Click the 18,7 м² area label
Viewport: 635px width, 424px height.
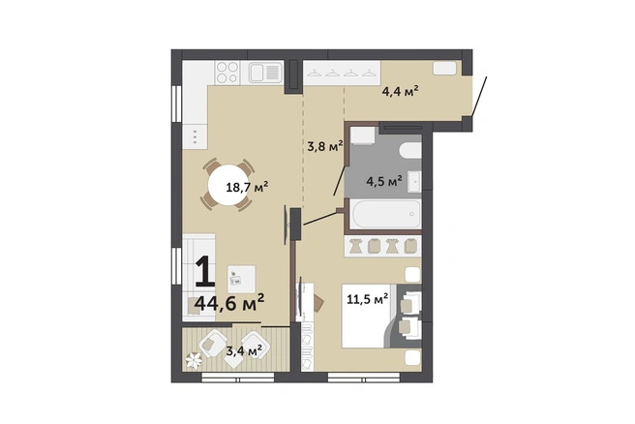247,188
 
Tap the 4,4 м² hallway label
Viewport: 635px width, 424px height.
400,91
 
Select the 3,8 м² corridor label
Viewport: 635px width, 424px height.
325,146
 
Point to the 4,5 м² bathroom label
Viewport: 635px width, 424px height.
384,181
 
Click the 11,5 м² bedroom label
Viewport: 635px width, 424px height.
368,299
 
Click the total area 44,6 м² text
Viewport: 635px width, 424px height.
229,303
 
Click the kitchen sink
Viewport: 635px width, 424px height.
265,73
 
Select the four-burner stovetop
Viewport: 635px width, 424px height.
227,73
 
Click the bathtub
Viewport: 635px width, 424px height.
386,214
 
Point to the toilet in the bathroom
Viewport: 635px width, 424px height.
410,150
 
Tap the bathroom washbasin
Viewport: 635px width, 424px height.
414,181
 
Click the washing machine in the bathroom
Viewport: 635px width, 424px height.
362,136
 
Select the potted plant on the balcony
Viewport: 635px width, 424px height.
194,360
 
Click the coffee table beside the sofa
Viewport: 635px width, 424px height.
241,279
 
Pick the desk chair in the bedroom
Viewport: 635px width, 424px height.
318,302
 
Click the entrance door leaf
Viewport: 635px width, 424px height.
479,96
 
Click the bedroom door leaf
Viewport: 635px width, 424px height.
320,218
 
